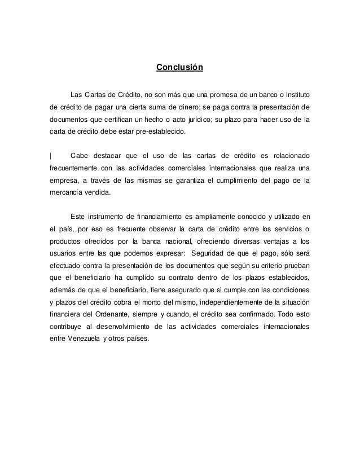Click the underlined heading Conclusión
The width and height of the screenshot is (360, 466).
(x=179, y=69)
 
